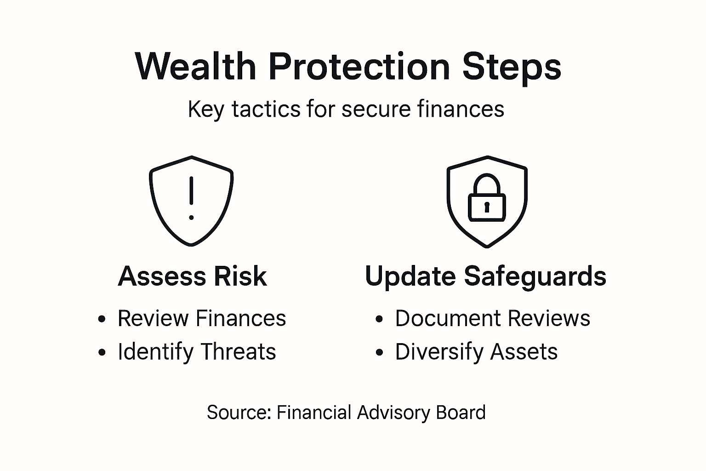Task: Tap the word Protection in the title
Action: tap(359, 67)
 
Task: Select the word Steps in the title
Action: tap(512, 68)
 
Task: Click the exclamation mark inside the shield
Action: tap(191, 198)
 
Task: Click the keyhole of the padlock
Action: tap(487, 206)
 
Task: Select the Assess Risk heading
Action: tap(192, 276)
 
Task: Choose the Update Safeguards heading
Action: tap(485, 276)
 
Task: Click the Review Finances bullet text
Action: tap(201, 318)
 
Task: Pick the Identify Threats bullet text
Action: tap(197, 352)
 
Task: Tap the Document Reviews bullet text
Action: tap(492, 318)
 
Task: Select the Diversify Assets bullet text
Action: tap(476, 352)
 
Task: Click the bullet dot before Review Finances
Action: tap(102, 319)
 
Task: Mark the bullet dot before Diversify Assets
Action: tap(379, 353)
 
